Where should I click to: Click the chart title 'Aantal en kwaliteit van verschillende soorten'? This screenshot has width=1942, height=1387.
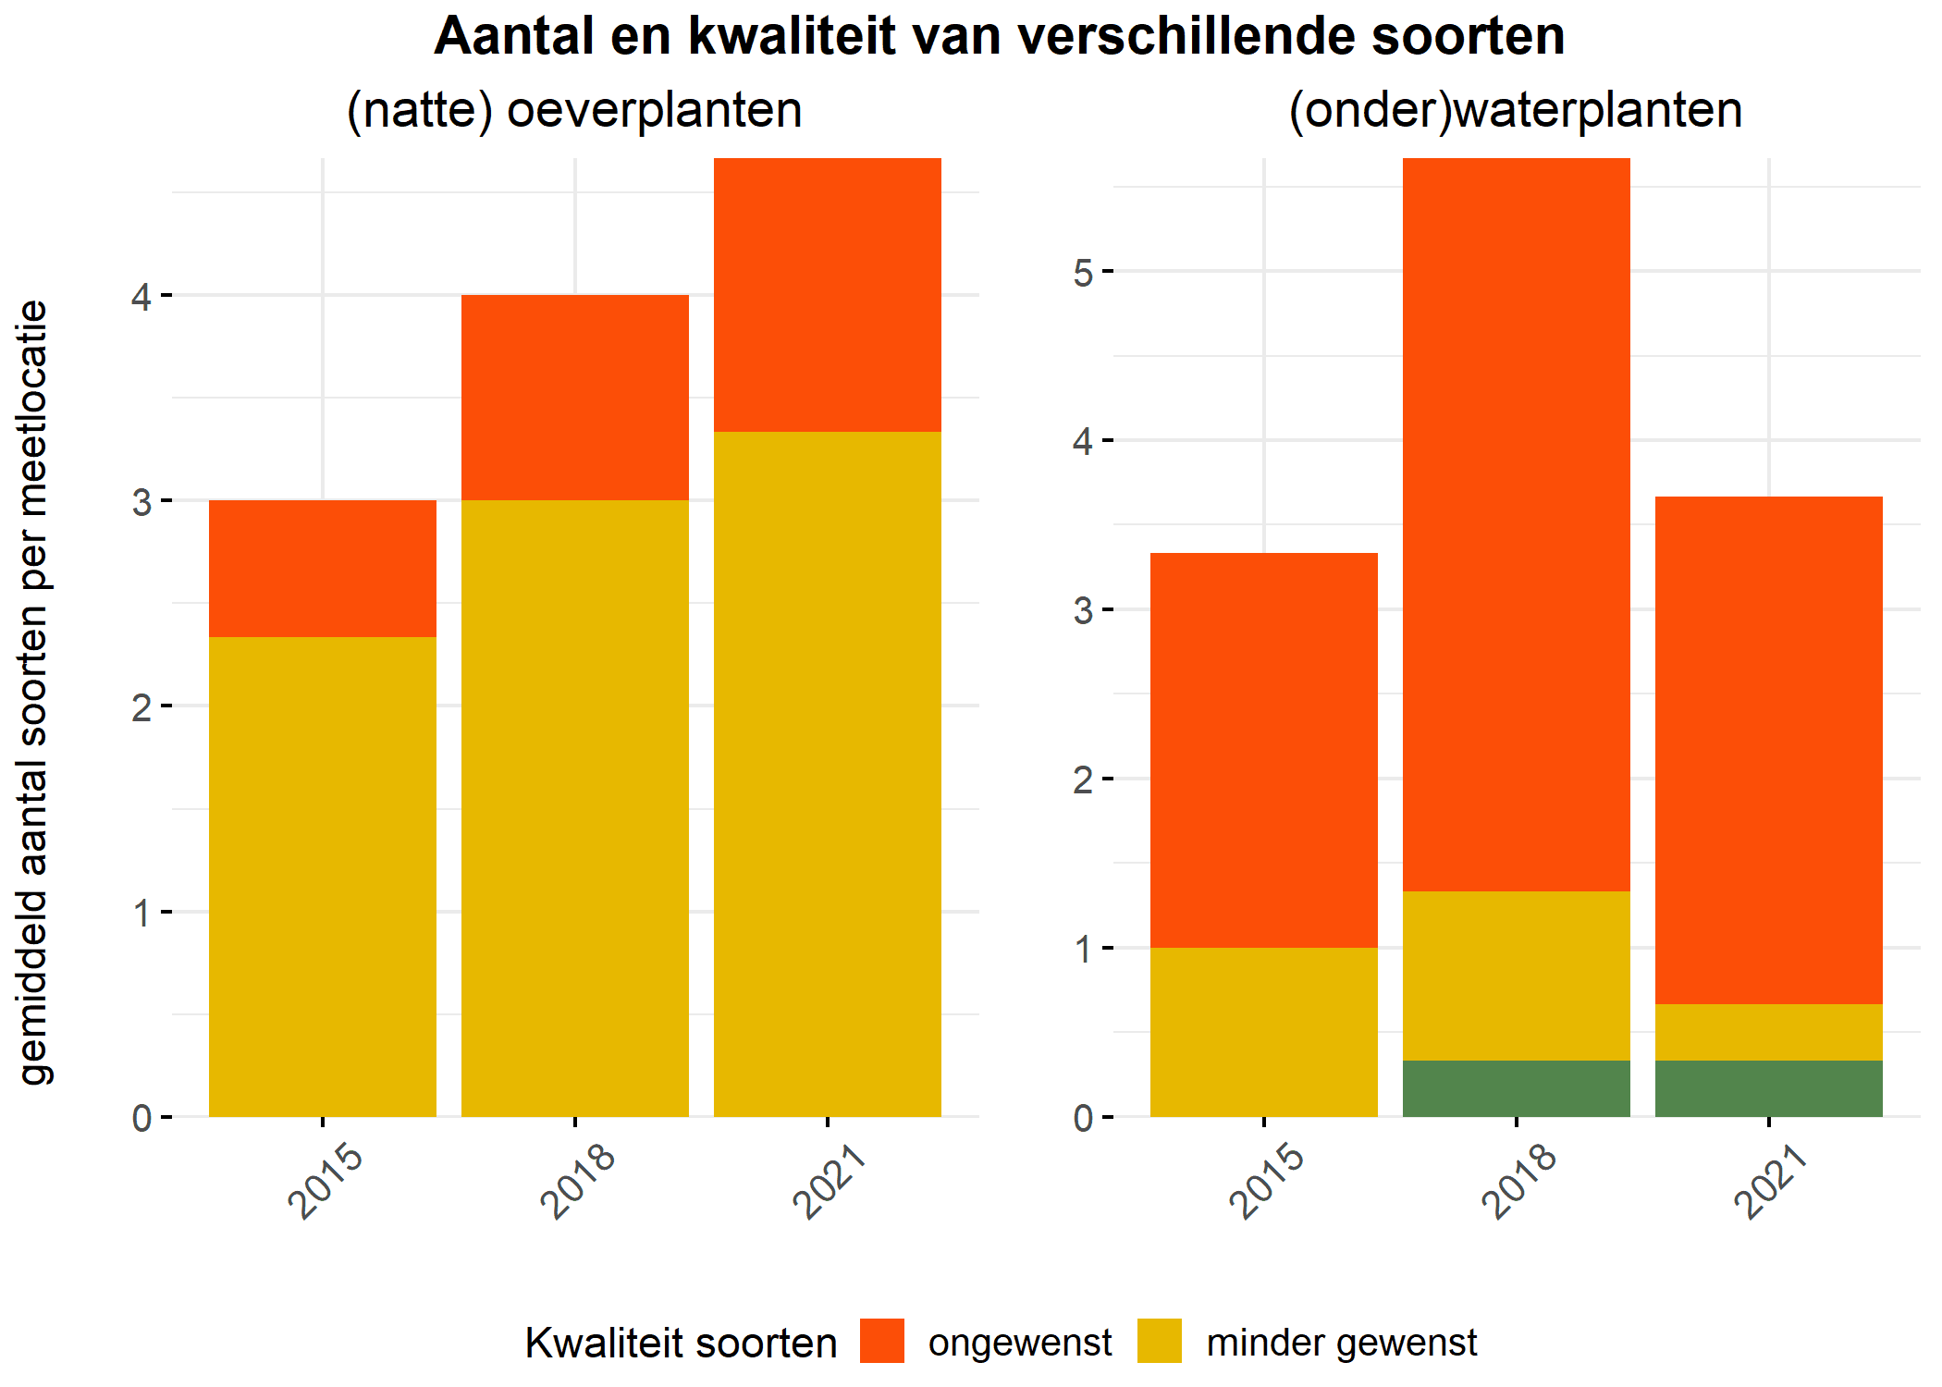click(x=999, y=37)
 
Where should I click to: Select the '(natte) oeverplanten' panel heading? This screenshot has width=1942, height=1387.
click(x=574, y=110)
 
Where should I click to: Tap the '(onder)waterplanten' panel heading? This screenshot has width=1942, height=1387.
click(x=1516, y=110)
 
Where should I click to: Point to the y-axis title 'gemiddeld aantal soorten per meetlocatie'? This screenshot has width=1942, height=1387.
click(x=34, y=692)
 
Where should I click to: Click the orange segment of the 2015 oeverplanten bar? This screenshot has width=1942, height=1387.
click(x=323, y=569)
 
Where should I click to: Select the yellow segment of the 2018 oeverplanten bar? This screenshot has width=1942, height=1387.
click(x=575, y=808)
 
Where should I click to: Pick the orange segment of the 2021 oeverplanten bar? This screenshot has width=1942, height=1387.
click(x=828, y=295)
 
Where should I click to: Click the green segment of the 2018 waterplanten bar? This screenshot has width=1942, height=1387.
click(x=1517, y=1088)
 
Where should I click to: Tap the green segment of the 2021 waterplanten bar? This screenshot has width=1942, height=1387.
click(x=1769, y=1088)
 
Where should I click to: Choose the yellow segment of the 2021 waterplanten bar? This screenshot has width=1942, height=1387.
click(x=1769, y=1032)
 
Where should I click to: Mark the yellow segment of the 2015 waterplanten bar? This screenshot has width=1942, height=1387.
click(x=1264, y=1032)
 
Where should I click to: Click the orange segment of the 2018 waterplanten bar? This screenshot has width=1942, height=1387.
click(x=1517, y=524)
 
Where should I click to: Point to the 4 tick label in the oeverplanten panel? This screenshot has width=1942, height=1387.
click(x=141, y=297)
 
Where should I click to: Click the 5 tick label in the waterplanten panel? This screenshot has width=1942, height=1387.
click(x=1083, y=273)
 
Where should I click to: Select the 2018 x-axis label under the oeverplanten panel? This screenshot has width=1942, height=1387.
click(x=577, y=1181)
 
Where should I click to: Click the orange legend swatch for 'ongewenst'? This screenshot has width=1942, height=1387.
click(x=882, y=1341)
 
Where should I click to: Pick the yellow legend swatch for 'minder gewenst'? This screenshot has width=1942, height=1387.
click(x=1160, y=1341)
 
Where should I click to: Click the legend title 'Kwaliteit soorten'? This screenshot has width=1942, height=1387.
click(x=681, y=1343)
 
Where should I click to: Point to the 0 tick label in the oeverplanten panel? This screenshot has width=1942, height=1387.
click(x=141, y=1119)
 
